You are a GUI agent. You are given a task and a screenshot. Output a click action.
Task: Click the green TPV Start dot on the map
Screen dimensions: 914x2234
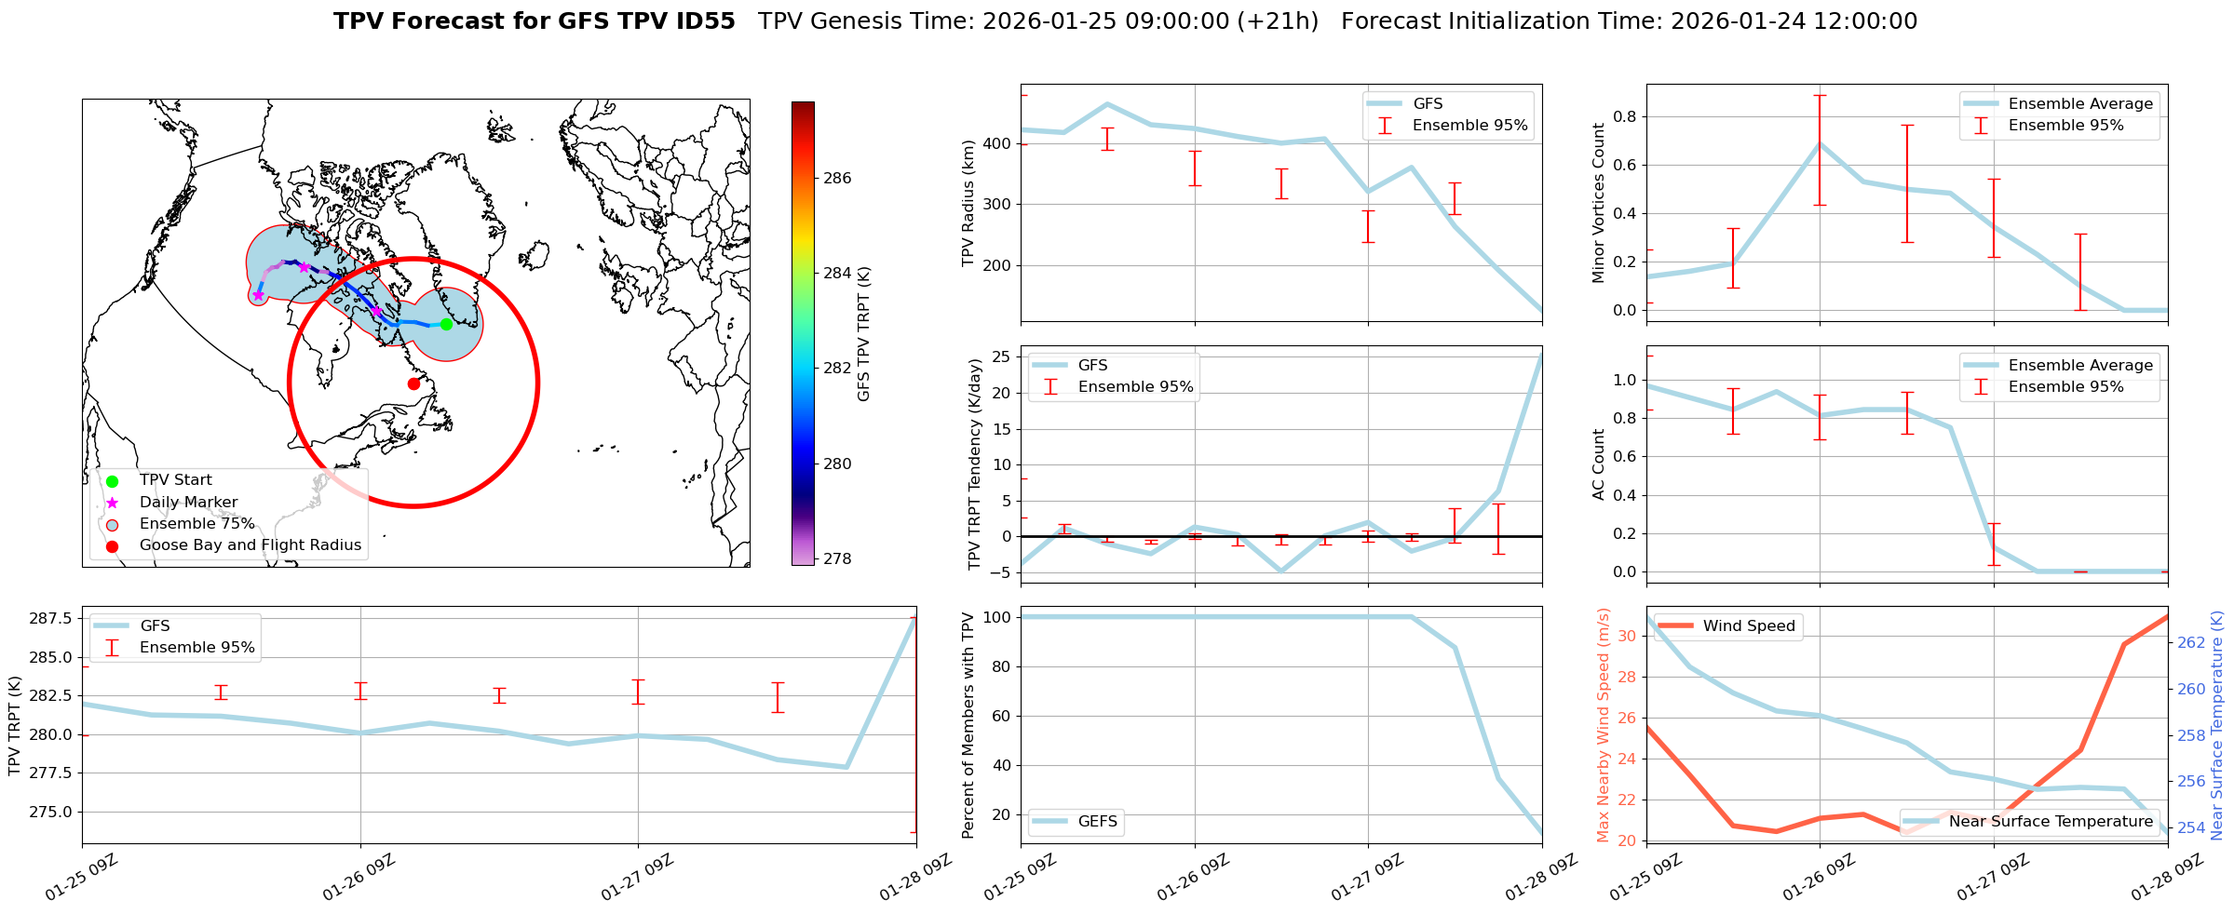(x=446, y=324)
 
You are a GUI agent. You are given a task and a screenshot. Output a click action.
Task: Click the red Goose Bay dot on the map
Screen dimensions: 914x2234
(x=413, y=383)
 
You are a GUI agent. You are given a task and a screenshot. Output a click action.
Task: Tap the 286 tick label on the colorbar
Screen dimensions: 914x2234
(x=837, y=179)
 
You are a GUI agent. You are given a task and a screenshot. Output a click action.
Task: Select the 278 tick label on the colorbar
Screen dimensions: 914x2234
(x=837, y=559)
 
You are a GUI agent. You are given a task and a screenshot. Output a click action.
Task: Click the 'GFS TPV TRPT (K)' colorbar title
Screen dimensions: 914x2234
(x=864, y=334)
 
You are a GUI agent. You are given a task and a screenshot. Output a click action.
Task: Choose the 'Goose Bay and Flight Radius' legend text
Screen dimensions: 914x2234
(x=250, y=545)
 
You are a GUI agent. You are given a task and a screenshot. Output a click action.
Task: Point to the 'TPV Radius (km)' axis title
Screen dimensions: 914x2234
(x=968, y=203)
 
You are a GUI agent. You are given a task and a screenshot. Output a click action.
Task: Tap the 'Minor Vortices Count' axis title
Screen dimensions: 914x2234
(x=1599, y=203)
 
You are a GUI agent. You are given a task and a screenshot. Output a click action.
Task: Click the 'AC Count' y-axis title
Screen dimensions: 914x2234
(x=1599, y=464)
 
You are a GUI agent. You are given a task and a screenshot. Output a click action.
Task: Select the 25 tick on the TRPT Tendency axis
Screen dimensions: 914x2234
(x=1002, y=357)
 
